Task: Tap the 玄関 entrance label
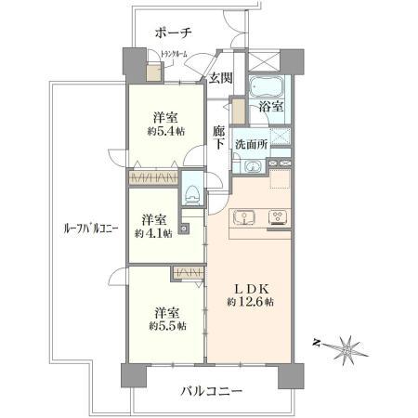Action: (x=220, y=77)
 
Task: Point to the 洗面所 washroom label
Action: (x=250, y=144)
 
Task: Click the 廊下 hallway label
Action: (x=219, y=137)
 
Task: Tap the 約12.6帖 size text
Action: (x=248, y=302)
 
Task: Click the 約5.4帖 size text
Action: (x=165, y=132)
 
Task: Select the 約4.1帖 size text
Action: (x=154, y=232)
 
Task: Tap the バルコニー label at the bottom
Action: (x=211, y=391)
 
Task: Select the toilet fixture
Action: (x=192, y=193)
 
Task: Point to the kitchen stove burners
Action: (x=276, y=218)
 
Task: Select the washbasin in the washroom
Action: (x=253, y=167)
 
